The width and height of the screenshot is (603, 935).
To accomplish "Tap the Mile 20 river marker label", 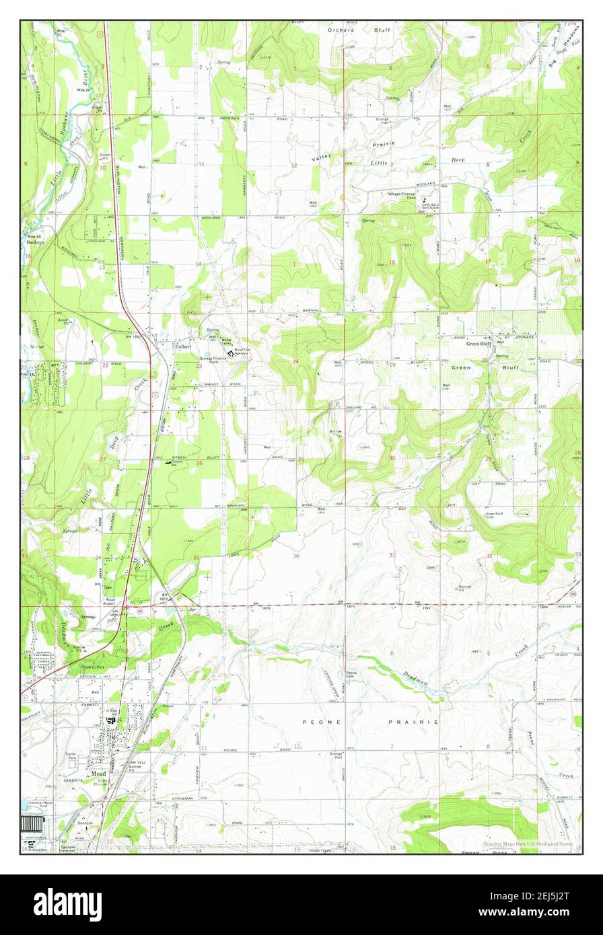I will [84, 89].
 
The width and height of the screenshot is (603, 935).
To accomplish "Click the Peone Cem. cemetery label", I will [351, 675].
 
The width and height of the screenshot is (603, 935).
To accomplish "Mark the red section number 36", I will [296, 556].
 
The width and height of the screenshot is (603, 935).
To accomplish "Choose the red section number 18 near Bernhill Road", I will [392, 263].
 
